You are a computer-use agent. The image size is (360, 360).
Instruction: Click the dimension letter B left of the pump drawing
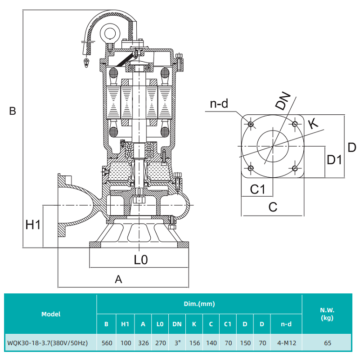coord(13,111)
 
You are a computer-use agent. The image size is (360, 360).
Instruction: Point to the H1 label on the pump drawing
coord(33,225)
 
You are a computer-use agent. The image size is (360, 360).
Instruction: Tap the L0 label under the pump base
coord(141,260)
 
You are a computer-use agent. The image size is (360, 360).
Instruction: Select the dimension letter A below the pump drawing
coord(118,279)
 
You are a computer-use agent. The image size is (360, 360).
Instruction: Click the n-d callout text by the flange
coord(219,104)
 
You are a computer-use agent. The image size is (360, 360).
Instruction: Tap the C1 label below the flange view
coord(257,189)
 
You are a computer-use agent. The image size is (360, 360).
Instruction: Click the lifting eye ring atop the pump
coord(109,32)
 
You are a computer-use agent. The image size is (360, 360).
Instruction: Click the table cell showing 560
coord(107,343)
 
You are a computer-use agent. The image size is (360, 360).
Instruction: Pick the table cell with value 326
coord(143,343)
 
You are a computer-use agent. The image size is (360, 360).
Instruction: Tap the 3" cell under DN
coord(177,343)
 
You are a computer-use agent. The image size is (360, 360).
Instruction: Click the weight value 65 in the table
coord(327,343)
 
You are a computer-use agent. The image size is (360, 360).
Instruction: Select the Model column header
coord(50,314)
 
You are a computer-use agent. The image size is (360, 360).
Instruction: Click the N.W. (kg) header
coord(327,314)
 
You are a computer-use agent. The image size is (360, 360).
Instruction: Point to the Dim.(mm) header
coord(199,304)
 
